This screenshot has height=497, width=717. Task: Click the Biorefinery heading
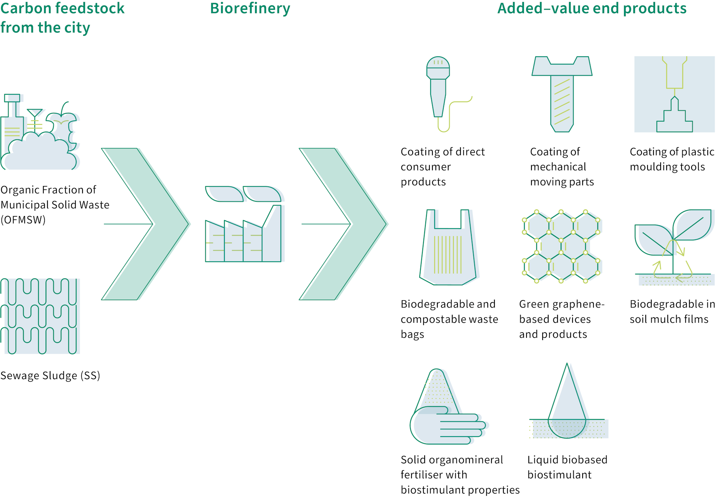pyautogui.click(x=250, y=9)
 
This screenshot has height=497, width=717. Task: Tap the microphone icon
pyautogui.click(x=438, y=89)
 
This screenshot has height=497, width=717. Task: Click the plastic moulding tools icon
pyautogui.click(x=674, y=94)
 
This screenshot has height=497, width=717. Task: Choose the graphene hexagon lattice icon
pyautogui.click(x=561, y=246)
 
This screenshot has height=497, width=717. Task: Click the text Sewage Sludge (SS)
pyautogui.click(x=50, y=375)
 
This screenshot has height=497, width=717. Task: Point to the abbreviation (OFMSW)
pyautogui.click(x=23, y=220)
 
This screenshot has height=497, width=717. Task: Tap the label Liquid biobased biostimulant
pyautogui.click(x=567, y=467)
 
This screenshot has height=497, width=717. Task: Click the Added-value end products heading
pyautogui.click(x=592, y=9)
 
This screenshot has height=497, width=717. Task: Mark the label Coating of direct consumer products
pyautogui.click(x=443, y=167)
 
